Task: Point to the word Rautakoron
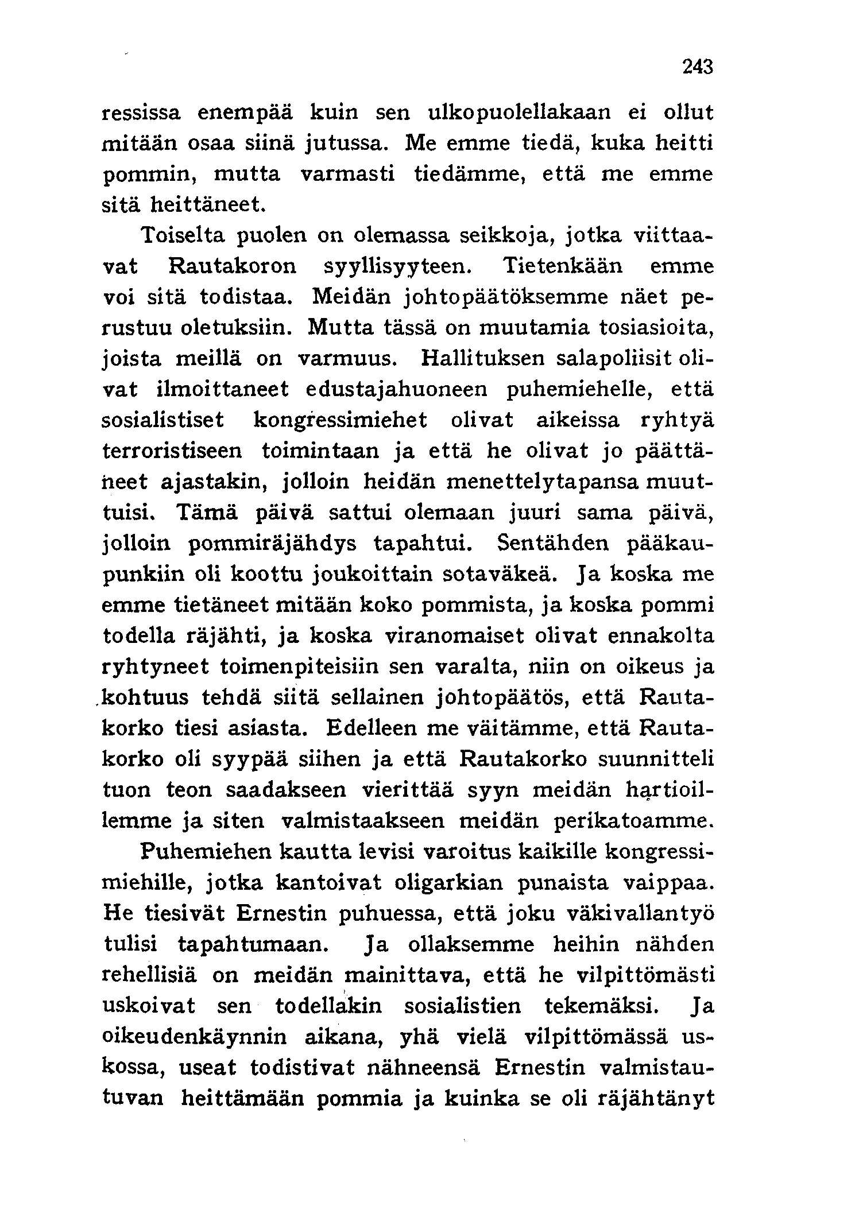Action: click(233, 266)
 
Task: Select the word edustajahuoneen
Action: click(396, 390)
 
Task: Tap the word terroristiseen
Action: click(173, 451)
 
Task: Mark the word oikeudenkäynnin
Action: click(195, 1037)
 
